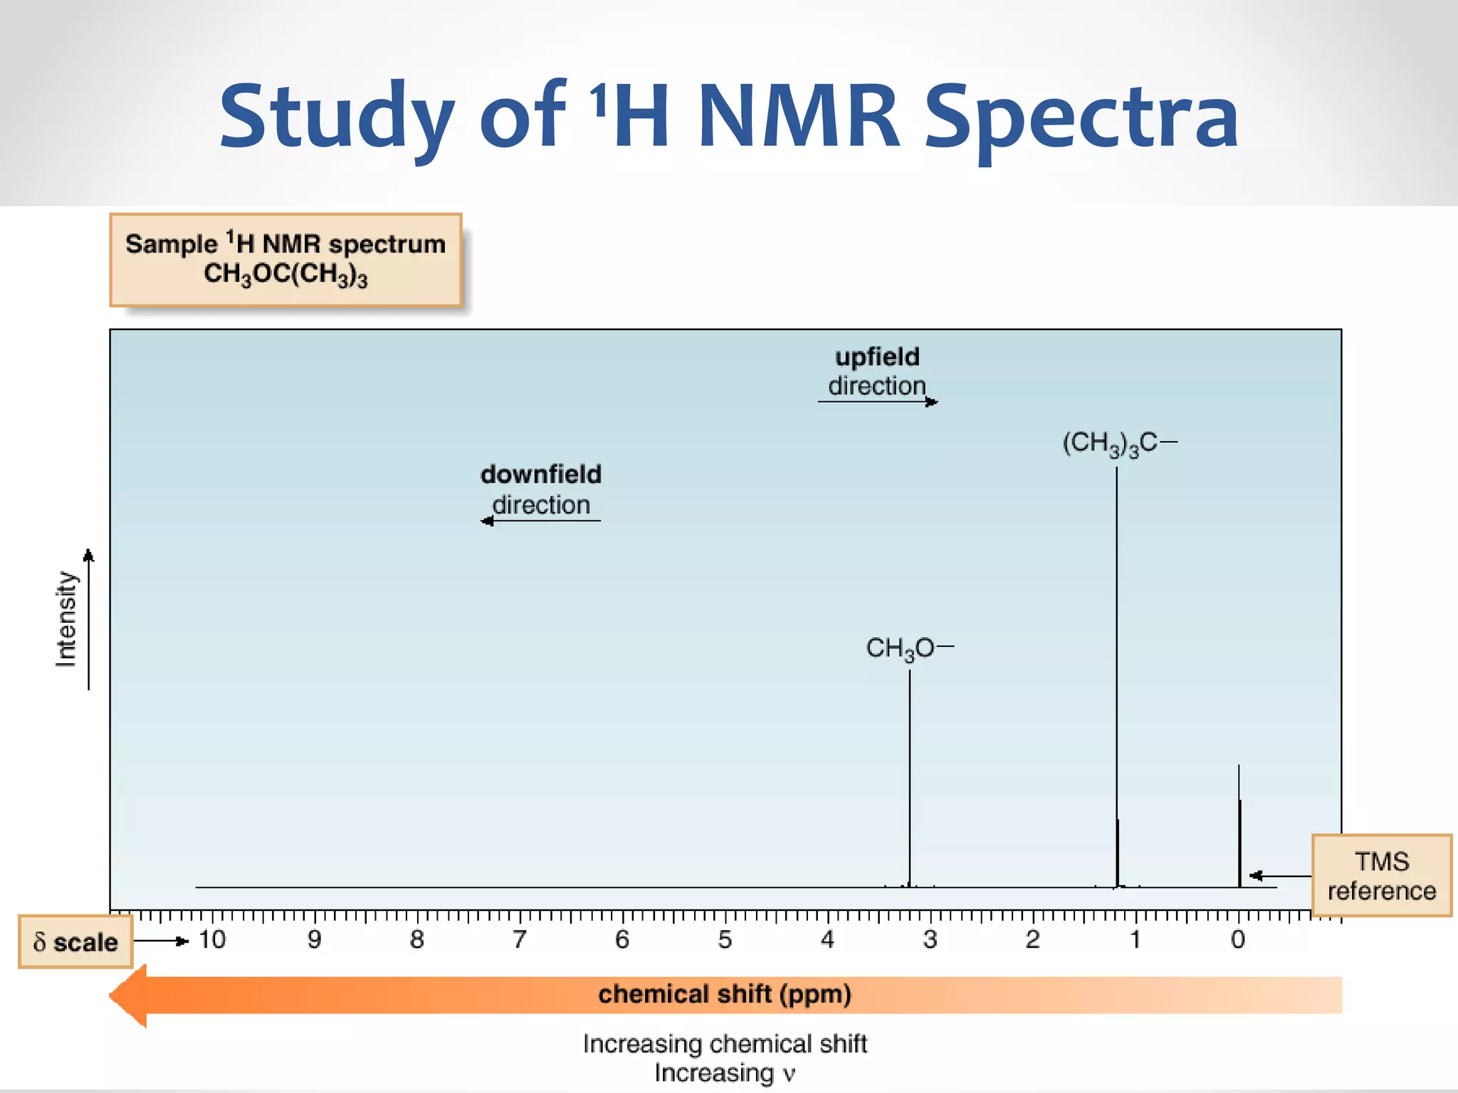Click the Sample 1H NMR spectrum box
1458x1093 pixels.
pos(285,260)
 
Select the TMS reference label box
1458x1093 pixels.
pos(1381,876)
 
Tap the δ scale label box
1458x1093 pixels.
pos(75,942)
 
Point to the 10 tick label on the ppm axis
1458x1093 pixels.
pos(212,940)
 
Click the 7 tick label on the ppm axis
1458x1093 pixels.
pos(520,940)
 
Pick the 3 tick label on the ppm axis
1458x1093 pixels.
pos(930,940)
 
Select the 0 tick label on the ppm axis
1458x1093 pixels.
pos(1238,940)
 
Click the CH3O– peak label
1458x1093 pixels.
pos(908,648)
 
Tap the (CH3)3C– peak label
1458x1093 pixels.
pos(1118,443)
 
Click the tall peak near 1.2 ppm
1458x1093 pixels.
pos(1116,640)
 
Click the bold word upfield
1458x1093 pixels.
pos(877,357)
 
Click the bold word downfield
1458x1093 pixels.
pos(541,475)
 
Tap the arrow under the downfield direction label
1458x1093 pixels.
pos(541,521)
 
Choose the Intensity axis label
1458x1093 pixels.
pos(66,619)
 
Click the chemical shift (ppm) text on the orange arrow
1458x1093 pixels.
pos(725,994)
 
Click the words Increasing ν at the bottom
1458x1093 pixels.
pos(725,1073)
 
